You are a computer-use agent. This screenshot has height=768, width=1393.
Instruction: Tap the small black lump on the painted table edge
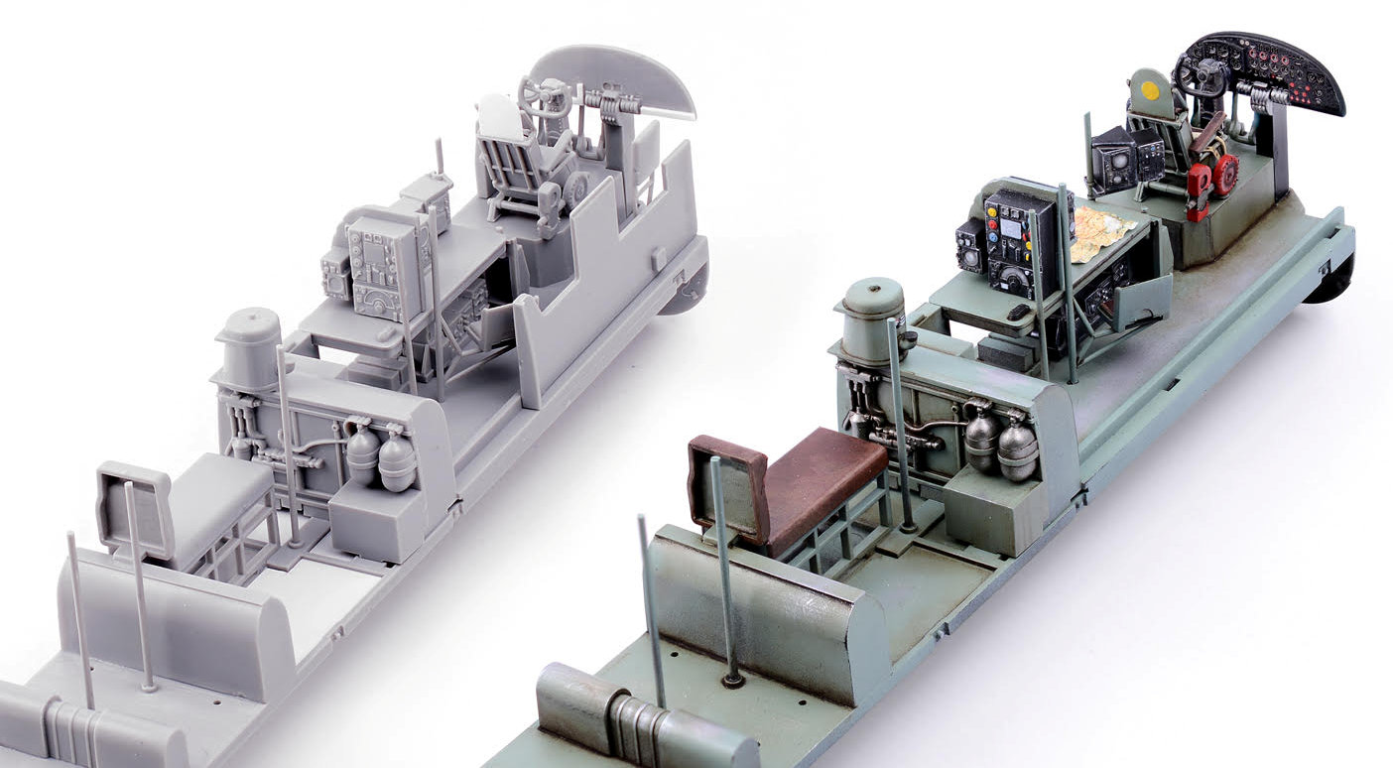pyautogui.click(x=1015, y=314)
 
